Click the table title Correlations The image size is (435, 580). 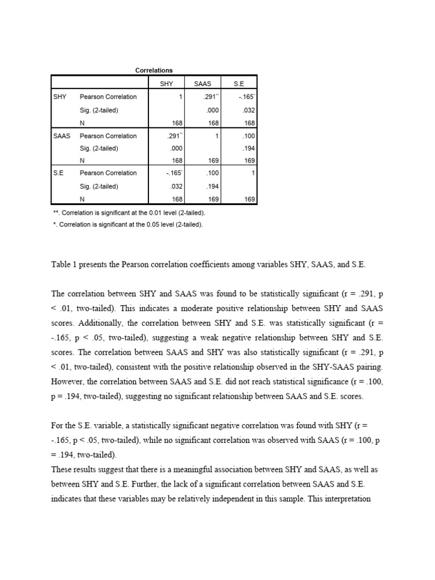(153, 70)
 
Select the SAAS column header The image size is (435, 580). (202, 83)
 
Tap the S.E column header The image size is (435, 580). (238, 83)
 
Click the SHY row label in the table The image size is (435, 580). (59, 97)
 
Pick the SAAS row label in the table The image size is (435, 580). (62, 136)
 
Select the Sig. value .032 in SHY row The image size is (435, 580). (249, 110)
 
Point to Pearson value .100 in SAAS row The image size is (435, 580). (249, 136)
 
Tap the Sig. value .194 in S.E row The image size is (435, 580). (212, 186)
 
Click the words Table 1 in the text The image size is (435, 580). (65, 265)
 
